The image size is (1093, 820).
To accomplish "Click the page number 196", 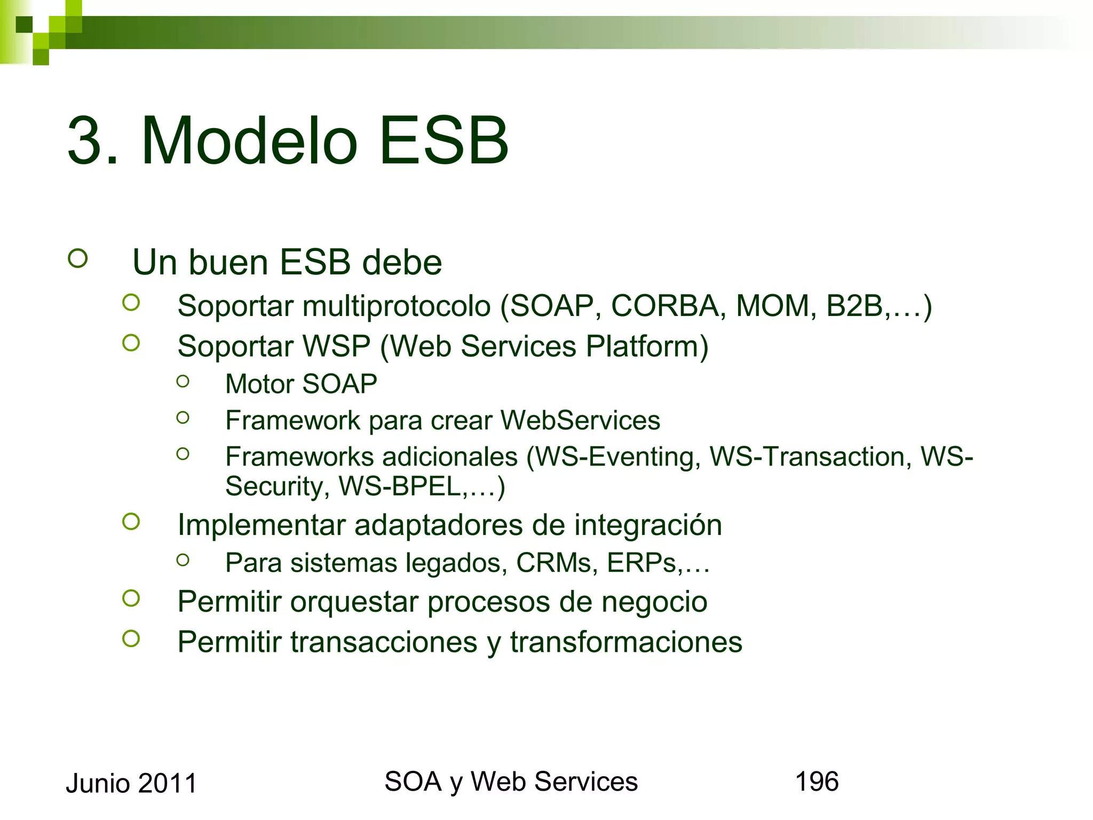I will [817, 782].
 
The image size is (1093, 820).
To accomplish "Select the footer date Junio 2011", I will [131, 783].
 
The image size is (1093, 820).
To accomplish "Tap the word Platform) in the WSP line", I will [647, 346].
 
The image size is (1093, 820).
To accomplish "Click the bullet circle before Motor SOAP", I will [183, 381].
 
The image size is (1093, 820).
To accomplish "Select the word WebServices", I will [580, 420].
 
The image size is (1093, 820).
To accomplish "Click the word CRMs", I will [557, 563].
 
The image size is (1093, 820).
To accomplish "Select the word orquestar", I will [354, 602].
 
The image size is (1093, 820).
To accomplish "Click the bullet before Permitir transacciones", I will [131, 638].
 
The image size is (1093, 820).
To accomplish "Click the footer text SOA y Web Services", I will [511, 782].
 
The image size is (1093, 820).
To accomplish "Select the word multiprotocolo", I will [397, 306].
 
